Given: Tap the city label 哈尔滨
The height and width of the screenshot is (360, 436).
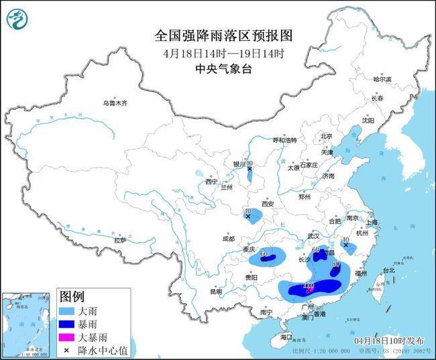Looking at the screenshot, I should tap(382, 79).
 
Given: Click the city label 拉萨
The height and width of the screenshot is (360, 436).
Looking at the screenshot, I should tap(120, 240).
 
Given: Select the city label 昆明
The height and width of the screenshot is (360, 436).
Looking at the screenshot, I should tap(215, 292).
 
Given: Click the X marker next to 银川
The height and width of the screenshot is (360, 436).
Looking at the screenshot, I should tap(250, 169).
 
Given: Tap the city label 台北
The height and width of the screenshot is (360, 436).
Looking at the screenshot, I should tap(388, 270).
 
